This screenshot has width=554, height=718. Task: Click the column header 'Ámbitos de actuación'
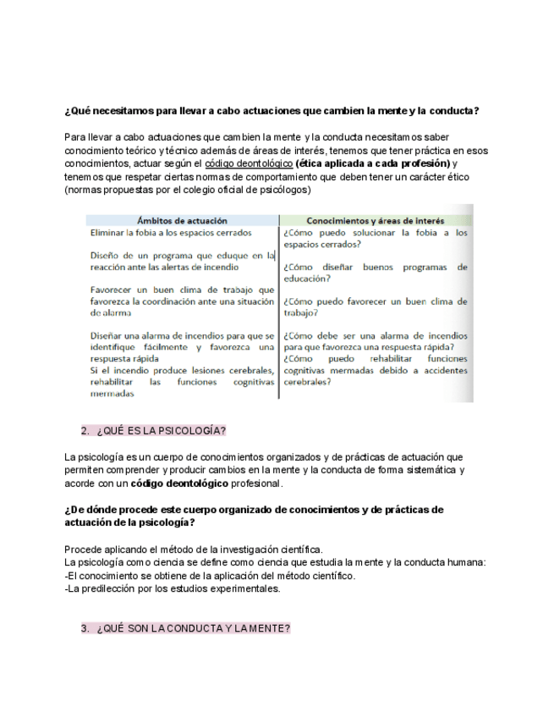pyautogui.click(x=181, y=220)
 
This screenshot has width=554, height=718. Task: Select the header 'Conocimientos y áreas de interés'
pyautogui.click(x=375, y=220)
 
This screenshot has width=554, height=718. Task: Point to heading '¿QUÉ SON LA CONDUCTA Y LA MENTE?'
pyautogui.click(x=193, y=628)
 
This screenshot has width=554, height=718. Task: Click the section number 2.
pyautogui.click(x=85, y=430)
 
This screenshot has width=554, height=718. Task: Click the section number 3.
pyautogui.click(x=85, y=628)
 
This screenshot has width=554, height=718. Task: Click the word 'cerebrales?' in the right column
pyautogui.click(x=307, y=382)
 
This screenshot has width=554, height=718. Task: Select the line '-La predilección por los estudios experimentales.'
pyautogui.click(x=172, y=589)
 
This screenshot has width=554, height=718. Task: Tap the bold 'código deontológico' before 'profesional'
pyautogui.click(x=179, y=483)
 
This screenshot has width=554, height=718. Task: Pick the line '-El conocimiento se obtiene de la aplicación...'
pyautogui.click(x=210, y=576)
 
